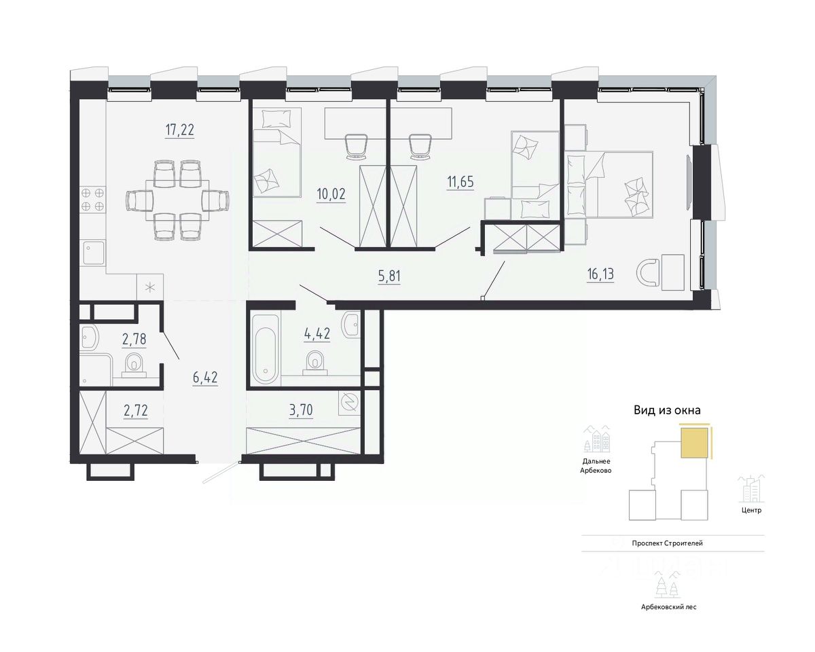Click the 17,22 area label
pyautogui.click(x=180, y=130)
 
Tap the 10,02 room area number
pyautogui.click(x=331, y=194)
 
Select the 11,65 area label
pyautogui.click(x=460, y=182)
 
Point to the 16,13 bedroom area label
pyautogui.click(x=600, y=274)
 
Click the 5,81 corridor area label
pyautogui.click(x=389, y=276)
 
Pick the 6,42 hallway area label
pyautogui.click(x=205, y=378)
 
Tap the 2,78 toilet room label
pyautogui.click(x=134, y=339)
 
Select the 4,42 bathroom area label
pyautogui.click(x=317, y=333)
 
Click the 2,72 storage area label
pyautogui.click(x=136, y=410)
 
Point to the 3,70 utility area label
pyautogui.click(x=301, y=410)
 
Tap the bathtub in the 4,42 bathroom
pyautogui.click(x=266, y=350)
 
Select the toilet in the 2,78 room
pyautogui.click(x=134, y=365)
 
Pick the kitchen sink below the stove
pyautogui.click(x=94, y=253)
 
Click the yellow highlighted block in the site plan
pyautogui.click(x=695, y=443)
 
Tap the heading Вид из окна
pyautogui.click(x=668, y=410)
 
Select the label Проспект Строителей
pyautogui.click(x=668, y=543)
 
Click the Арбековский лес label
pyautogui.click(x=669, y=607)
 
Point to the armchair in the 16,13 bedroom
pyautogui.click(x=649, y=273)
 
